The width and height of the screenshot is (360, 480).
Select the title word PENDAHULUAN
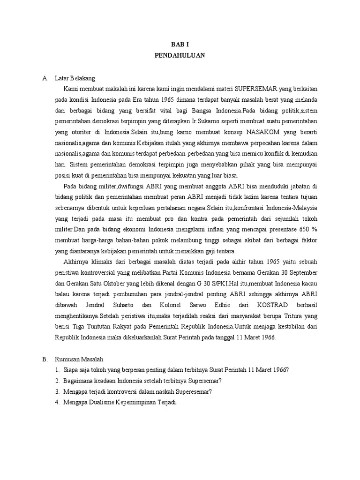180,55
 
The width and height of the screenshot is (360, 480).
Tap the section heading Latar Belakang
75,78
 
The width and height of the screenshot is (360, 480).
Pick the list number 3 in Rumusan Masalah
57,391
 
